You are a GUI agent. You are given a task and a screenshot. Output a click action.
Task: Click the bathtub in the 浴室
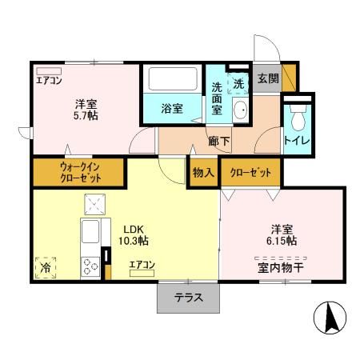(x=172, y=80)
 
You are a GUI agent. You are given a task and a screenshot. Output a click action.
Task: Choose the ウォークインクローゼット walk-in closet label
(x=78, y=172)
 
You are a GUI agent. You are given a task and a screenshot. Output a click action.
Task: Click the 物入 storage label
(x=203, y=172)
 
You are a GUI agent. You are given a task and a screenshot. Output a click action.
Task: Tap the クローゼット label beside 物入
(x=250, y=172)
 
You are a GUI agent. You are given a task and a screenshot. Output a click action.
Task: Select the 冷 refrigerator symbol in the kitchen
(x=46, y=267)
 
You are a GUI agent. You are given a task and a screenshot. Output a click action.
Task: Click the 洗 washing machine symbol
(x=238, y=82)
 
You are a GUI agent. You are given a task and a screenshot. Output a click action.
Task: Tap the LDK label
(x=132, y=226)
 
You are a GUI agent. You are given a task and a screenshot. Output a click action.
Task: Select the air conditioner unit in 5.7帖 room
(x=49, y=70)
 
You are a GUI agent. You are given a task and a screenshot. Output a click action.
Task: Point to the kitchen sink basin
(x=90, y=232)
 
